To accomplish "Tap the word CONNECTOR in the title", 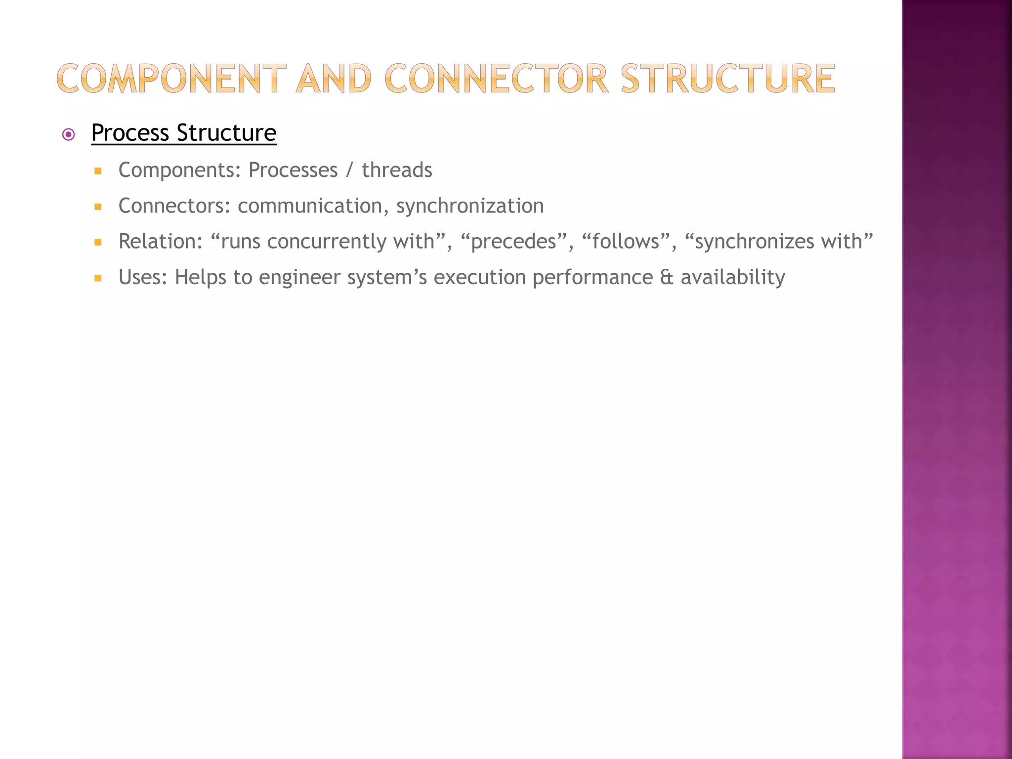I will [496, 79].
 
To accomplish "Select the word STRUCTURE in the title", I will [727, 79].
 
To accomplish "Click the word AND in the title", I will [334, 79].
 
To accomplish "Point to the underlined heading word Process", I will [130, 133].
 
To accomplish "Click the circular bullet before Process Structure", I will [69, 134].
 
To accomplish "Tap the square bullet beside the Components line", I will [98, 171].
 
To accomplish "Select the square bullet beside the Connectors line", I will [98, 207].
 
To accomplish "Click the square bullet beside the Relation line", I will [98, 243].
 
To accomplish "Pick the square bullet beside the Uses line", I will [98, 278].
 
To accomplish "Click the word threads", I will [397, 170].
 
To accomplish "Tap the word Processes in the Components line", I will [293, 170].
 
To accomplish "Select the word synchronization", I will [469, 206].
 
